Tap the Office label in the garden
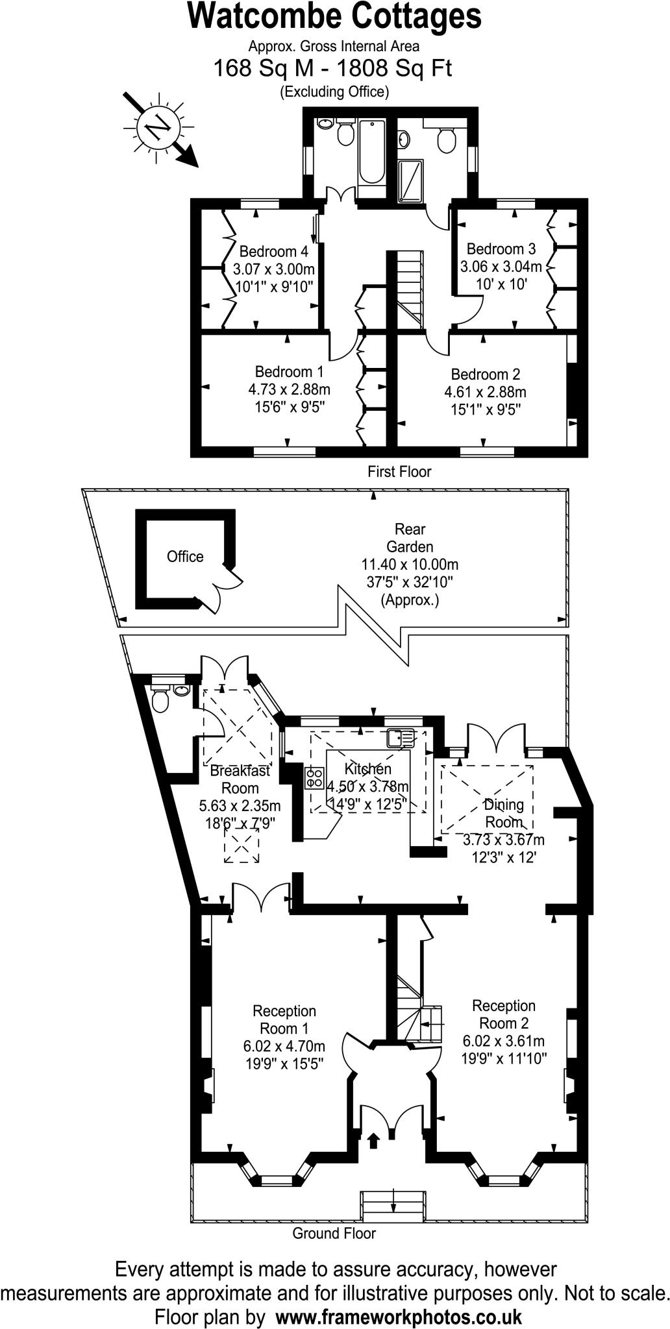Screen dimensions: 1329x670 [185, 557]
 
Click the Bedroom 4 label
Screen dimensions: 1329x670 [273, 252]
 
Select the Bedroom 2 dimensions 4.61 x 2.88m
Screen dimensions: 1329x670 [485, 393]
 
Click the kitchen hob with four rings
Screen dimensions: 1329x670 [315, 777]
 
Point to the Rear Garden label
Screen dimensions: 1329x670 [410, 538]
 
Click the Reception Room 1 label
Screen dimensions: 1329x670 [284, 1019]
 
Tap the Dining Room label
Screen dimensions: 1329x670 [504, 813]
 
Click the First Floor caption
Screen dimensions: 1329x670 [399, 472]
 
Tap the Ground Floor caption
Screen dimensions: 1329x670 [334, 1234]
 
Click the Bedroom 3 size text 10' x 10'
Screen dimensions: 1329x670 [501, 284]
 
